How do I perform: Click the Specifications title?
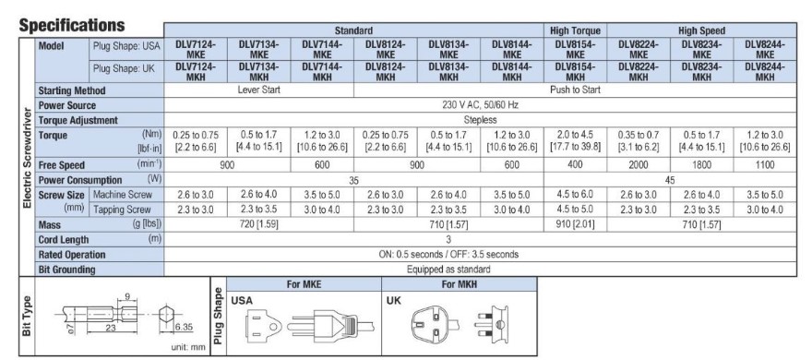coord(71,25)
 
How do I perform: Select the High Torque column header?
coord(575,30)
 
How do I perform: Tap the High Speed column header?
coord(701,30)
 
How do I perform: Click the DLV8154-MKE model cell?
coord(575,49)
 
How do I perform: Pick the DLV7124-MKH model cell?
coord(196,72)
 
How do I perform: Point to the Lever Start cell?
coord(258,90)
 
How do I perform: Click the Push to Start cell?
coord(575,90)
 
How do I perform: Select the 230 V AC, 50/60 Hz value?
coord(480,104)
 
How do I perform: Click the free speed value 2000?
coord(638,164)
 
